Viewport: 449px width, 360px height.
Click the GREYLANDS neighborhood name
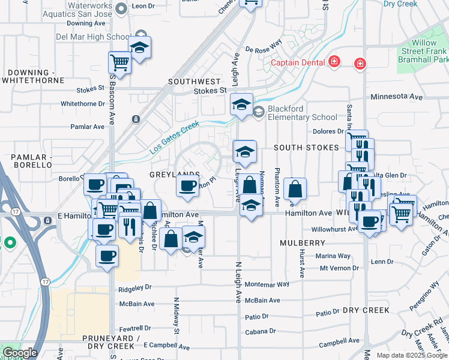174,174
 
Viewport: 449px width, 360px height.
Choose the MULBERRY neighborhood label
302,243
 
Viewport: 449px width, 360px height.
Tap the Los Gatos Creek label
174,137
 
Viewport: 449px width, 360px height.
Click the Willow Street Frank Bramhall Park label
428,52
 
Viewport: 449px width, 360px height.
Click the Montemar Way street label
267,284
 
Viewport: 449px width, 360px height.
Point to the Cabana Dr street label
261,331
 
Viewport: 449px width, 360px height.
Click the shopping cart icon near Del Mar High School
119,62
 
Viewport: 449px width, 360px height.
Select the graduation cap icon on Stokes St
241,104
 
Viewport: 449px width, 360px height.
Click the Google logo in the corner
20,353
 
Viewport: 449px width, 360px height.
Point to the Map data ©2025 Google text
412,355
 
